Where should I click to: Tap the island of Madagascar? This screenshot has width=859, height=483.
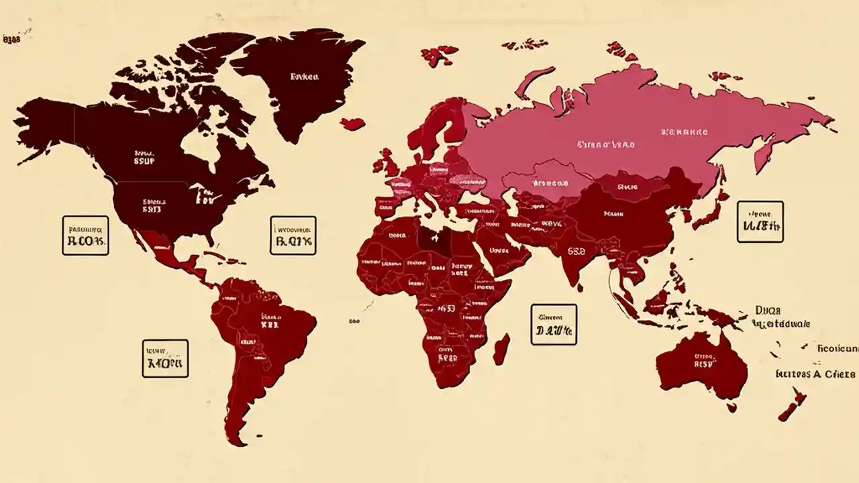(x=501, y=350)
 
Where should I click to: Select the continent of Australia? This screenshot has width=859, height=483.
(x=701, y=366)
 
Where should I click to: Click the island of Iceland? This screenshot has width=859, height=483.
(x=353, y=123)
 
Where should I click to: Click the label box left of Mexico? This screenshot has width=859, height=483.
(x=85, y=235)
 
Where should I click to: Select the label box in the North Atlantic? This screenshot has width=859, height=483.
(x=293, y=235)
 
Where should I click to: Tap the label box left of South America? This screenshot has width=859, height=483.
(x=165, y=358)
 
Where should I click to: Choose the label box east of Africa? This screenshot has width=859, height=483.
(x=554, y=325)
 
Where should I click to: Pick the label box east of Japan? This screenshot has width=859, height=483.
(x=760, y=221)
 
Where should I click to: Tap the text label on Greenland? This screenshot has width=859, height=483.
(x=304, y=76)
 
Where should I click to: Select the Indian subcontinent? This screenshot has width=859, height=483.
(x=577, y=255)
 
